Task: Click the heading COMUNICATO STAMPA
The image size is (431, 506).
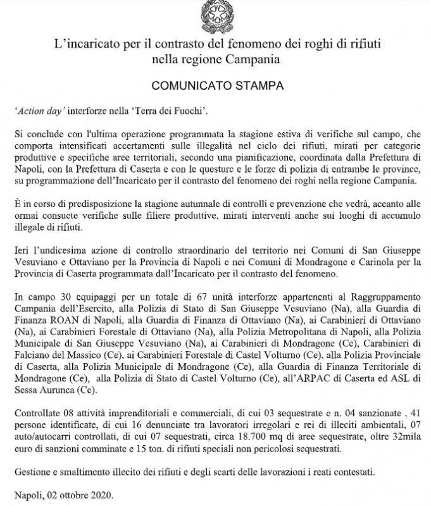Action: click(x=215, y=83)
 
